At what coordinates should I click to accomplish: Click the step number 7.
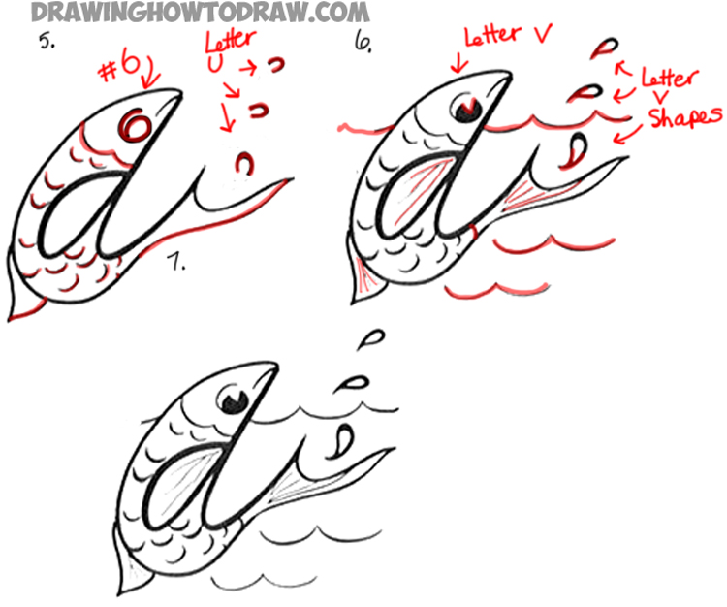pyautogui.click(x=175, y=261)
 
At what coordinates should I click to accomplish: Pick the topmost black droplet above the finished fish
pyautogui.click(x=369, y=337)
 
